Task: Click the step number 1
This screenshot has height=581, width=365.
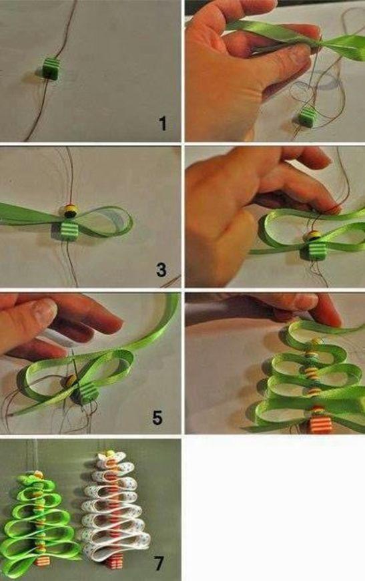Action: [163, 124]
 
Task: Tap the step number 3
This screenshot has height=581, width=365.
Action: [161, 270]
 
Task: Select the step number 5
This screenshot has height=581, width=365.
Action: [157, 417]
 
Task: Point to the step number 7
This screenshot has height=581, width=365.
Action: [159, 564]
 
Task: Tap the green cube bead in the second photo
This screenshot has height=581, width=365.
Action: [307, 117]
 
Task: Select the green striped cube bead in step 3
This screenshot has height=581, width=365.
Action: [62, 230]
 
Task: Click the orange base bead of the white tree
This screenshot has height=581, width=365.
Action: [114, 562]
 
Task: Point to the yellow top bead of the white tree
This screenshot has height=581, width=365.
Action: [110, 454]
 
